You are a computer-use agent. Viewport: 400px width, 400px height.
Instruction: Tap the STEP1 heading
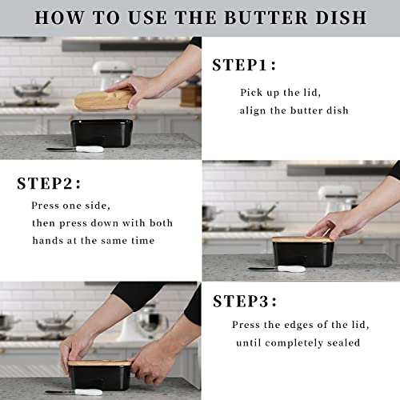244,66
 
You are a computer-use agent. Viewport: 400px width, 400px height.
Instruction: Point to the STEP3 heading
245,301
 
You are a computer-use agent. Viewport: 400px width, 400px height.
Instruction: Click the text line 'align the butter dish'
294,110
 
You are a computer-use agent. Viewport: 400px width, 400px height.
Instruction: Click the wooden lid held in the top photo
104,99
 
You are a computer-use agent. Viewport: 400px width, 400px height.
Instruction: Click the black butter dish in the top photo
101,132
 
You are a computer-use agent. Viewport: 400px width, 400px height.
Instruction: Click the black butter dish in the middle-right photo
302,254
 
